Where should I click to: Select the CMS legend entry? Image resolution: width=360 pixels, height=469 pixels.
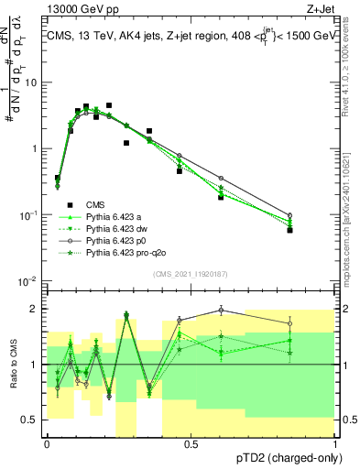tap(96, 204)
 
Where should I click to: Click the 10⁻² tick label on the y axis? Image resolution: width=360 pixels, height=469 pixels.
tap(27, 280)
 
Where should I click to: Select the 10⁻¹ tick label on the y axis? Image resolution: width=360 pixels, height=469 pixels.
tap(27, 214)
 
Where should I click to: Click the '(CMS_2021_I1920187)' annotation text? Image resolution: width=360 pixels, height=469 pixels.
tap(190, 273)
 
